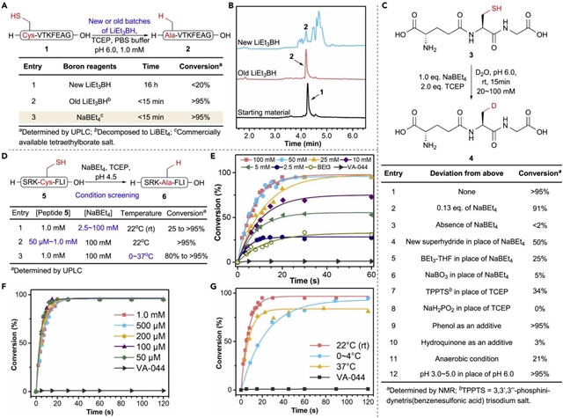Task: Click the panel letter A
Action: point(6,8)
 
